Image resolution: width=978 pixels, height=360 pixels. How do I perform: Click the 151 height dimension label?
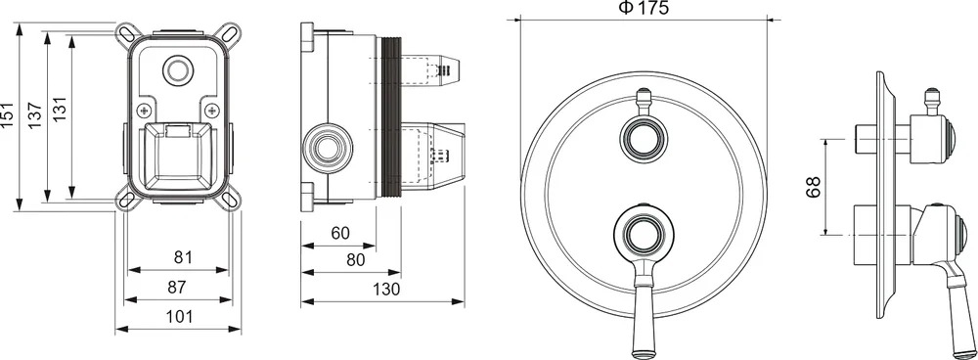(8, 115)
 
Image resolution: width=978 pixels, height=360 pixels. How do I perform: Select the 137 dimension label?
(35, 115)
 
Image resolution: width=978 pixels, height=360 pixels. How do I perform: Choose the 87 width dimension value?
(178, 287)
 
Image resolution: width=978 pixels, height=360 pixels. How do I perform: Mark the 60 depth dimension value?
(340, 234)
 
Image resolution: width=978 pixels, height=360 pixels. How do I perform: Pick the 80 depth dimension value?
(356, 260)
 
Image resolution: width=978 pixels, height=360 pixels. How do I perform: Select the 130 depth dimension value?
(386, 290)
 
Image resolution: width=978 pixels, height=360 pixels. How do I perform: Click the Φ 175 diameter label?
(643, 8)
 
